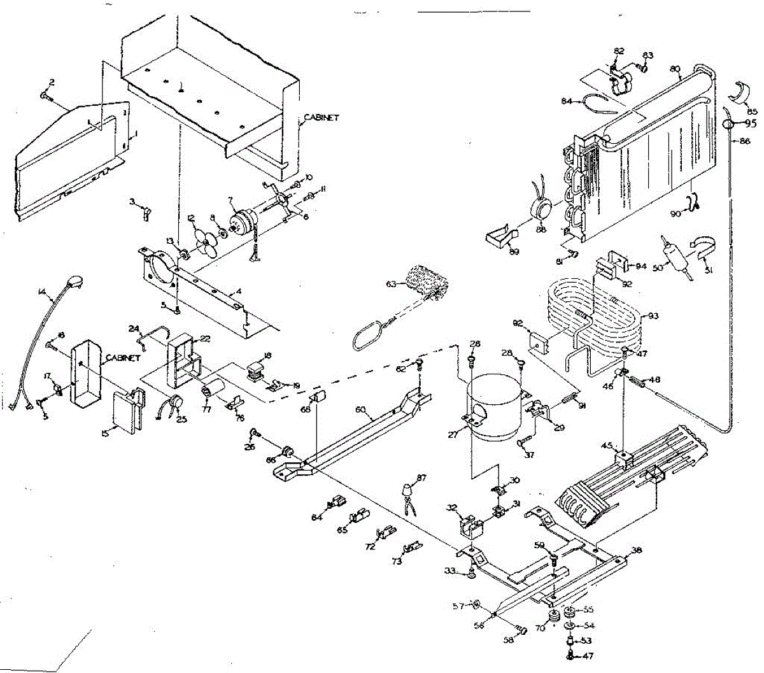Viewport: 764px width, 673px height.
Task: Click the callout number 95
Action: (x=751, y=124)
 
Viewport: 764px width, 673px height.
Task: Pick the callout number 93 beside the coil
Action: (x=653, y=316)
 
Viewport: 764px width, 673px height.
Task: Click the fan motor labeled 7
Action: (x=241, y=220)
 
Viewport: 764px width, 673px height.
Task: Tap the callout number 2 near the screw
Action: (x=52, y=82)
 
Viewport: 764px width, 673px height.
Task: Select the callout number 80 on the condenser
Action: (x=676, y=68)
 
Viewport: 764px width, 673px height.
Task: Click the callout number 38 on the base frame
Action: (x=635, y=550)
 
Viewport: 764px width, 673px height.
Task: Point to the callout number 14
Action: (x=42, y=292)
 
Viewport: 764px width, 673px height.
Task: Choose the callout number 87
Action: (x=421, y=478)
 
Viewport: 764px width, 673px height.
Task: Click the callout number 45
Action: (x=608, y=445)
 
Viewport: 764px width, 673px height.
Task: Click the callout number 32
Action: (x=452, y=507)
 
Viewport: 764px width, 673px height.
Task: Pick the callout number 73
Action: (x=397, y=562)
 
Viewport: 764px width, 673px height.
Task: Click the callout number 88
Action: (x=541, y=229)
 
